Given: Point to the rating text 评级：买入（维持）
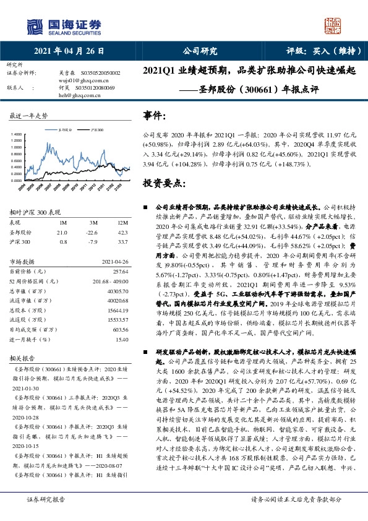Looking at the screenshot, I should (x=314, y=51).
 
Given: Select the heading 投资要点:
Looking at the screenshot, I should (x=164, y=183).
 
